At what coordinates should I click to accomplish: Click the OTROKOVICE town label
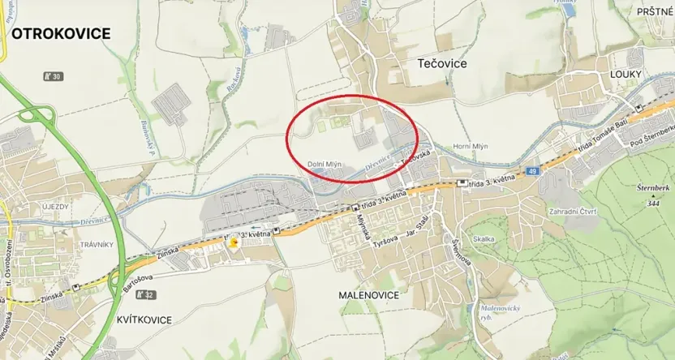[x=60, y=34]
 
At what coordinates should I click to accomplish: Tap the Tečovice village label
[x=442, y=62]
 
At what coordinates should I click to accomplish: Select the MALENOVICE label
[x=368, y=295]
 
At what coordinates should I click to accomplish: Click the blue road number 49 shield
[x=531, y=171]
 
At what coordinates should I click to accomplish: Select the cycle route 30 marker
[x=53, y=76]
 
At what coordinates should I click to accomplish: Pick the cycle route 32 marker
[x=145, y=294]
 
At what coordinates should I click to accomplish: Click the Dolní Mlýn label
[x=325, y=165]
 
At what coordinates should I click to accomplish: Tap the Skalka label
[x=484, y=240]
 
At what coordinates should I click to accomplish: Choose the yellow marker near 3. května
[x=234, y=242]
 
